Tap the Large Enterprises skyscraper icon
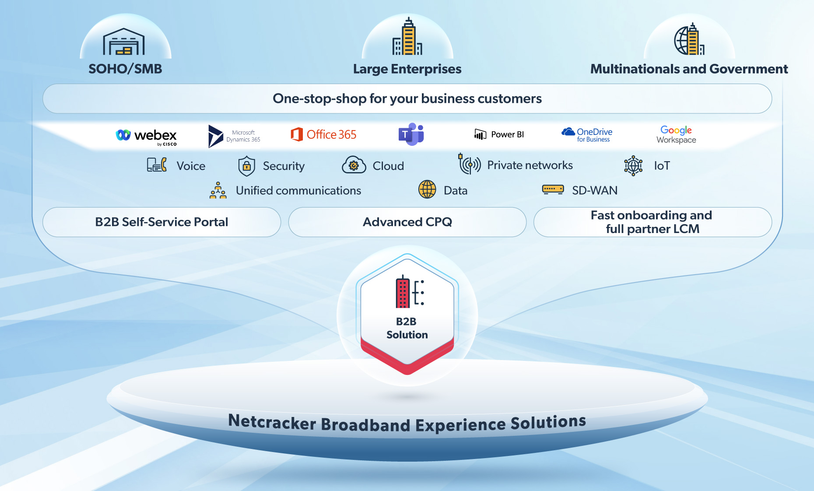(407, 37)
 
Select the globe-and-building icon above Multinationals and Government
(689, 39)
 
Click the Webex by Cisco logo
(146, 136)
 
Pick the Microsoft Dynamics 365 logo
(234, 136)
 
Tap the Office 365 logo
(323, 134)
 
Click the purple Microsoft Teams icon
(411, 134)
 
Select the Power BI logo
(499, 134)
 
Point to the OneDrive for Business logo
(587, 134)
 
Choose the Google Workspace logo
(676, 134)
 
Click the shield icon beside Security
(247, 166)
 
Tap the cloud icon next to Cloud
(354, 166)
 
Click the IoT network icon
(633, 166)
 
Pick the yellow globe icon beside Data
(427, 190)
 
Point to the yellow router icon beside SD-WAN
(553, 189)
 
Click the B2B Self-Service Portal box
(161, 222)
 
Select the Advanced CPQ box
(407, 222)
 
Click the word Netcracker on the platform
(272, 422)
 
